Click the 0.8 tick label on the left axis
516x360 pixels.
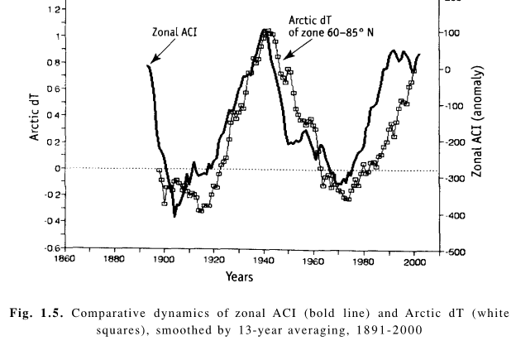pyautogui.click(x=50, y=62)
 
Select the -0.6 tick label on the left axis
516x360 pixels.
pyautogui.click(x=49, y=247)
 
